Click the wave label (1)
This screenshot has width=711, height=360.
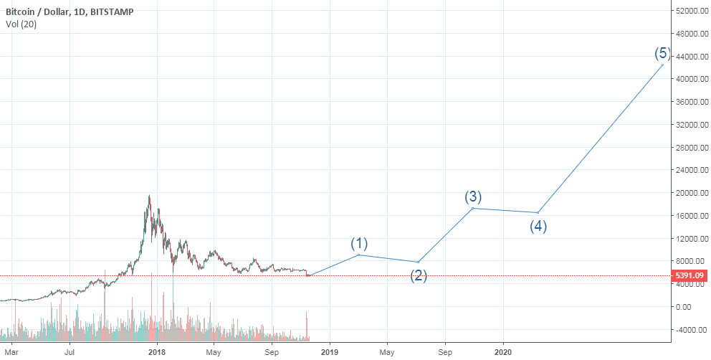tap(358, 242)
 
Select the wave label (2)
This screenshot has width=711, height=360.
tap(419, 276)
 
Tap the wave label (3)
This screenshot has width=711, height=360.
tap(472, 196)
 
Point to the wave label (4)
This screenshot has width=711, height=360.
tap(538, 227)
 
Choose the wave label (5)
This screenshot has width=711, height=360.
tap(662, 53)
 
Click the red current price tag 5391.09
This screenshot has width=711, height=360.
tap(689, 275)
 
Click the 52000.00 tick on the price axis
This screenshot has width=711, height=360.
tap(690, 11)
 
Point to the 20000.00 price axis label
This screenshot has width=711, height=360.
tap(690, 193)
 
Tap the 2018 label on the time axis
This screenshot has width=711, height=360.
tap(156, 352)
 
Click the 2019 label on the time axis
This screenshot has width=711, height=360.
tap(329, 352)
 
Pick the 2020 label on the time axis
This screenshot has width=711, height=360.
tap(503, 352)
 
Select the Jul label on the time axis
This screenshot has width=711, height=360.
tap(70, 352)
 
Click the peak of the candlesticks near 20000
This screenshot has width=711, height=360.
tap(149, 196)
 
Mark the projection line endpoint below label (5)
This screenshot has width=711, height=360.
tap(662, 65)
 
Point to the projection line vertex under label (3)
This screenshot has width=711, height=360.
tap(472, 208)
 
